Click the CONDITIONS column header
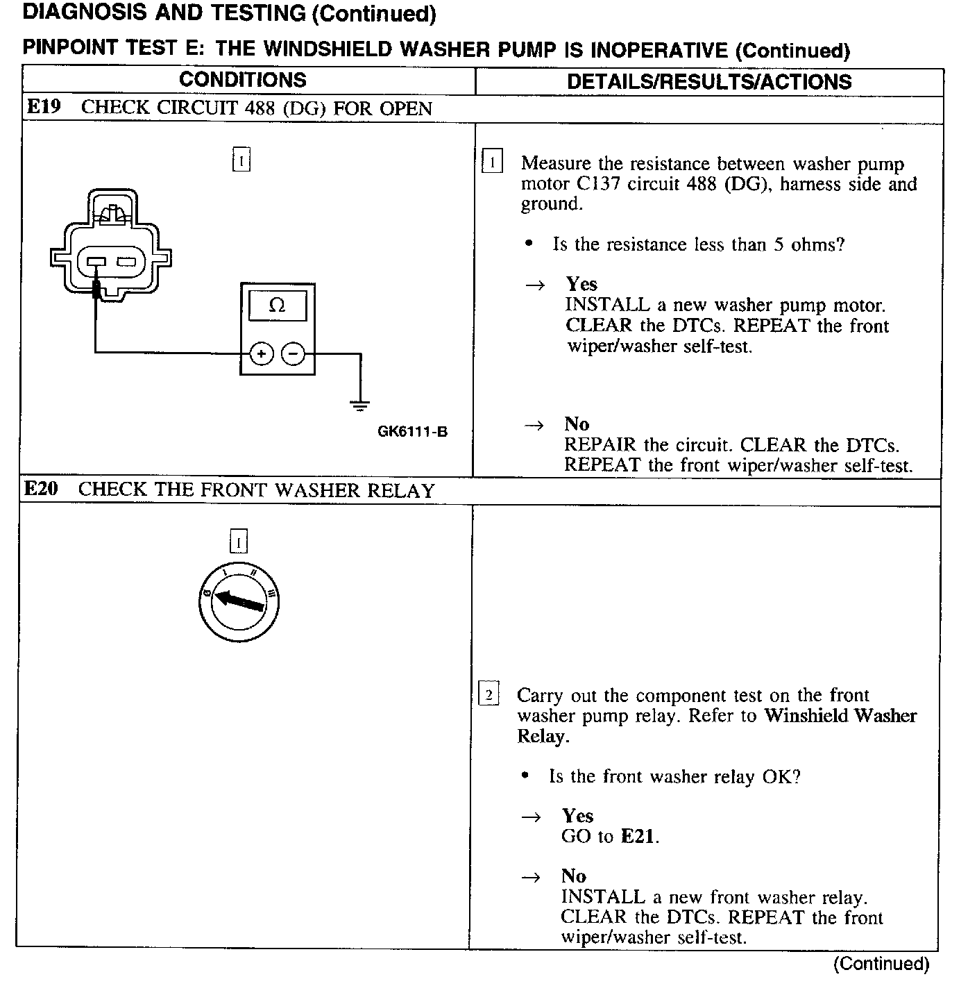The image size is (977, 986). [242, 81]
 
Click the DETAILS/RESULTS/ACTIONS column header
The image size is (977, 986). [709, 82]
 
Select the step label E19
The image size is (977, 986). [44, 107]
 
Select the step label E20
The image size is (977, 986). [42, 489]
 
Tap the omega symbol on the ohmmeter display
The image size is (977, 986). [277, 306]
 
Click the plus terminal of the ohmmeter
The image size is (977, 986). [261, 354]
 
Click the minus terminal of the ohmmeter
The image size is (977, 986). [293, 354]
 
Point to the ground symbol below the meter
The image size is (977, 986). [359, 405]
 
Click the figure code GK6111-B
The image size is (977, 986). [412, 432]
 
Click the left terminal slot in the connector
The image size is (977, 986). [95, 262]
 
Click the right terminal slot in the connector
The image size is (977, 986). [127, 262]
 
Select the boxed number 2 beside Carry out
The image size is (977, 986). [489, 694]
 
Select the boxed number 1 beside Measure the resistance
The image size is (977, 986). [492, 163]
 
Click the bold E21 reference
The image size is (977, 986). [637, 837]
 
